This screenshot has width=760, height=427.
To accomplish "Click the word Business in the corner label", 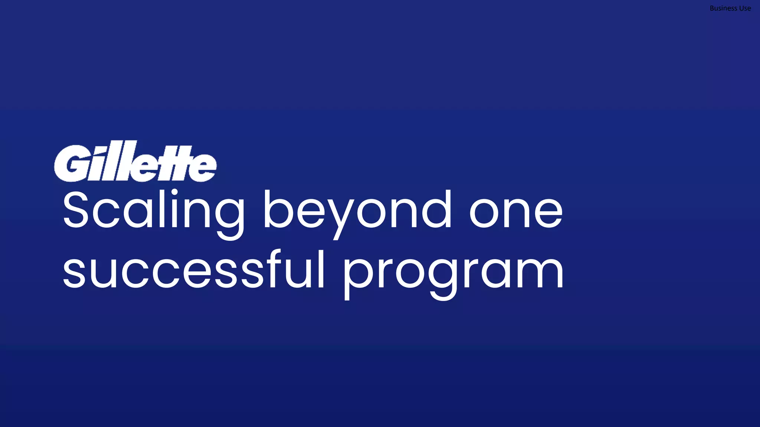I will [x=723, y=8].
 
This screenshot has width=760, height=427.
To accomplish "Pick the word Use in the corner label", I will [x=745, y=8].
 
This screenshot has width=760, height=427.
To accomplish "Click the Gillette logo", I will [x=135, y=162].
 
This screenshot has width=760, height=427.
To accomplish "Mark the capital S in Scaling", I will [x=75, y=210].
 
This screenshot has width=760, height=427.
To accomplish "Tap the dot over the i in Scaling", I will [x=175, y=192].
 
